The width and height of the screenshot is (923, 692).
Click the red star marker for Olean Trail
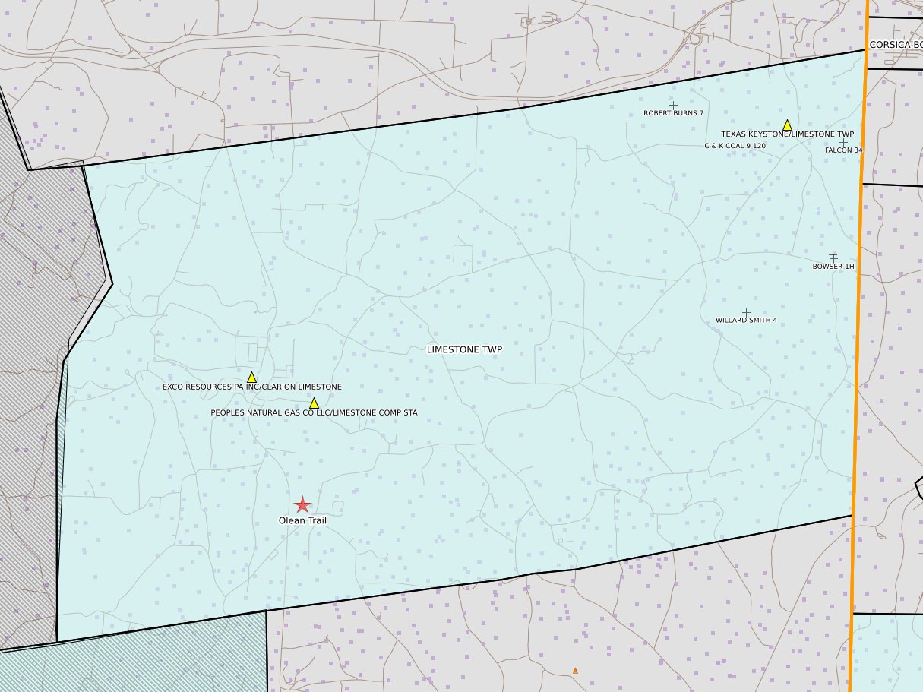pos(302,504)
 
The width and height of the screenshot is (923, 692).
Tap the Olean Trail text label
pos(302,521)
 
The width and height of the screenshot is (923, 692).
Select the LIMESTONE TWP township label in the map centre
pos(464,349)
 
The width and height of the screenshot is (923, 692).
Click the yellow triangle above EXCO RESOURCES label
pos(251,377)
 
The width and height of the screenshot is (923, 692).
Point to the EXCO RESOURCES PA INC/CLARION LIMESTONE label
pos(251,387)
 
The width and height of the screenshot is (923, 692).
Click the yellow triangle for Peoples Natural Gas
pos(314,403)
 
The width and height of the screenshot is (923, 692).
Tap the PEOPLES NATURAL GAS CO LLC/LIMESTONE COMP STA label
pos(314,412)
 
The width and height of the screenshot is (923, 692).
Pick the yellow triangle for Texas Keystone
pos(787,125)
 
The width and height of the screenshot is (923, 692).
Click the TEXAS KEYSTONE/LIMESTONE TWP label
pos(787,134)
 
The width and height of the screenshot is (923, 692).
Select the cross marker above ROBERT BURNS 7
pos(673,105)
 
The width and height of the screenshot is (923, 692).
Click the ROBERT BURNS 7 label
pos(673,113)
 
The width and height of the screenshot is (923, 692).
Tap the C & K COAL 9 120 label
pos(735,145)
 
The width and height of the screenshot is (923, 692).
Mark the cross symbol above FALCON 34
pos(843,142)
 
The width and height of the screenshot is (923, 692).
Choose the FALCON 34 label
pos(843,150)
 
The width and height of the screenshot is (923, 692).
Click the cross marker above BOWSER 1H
pos(833,256)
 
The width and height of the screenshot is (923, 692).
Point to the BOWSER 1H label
pos(833,267)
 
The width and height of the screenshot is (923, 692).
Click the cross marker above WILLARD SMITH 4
pos(746,312)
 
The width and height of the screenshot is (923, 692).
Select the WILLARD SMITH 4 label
pos(746,321)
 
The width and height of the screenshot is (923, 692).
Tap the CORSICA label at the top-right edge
pos(895,45)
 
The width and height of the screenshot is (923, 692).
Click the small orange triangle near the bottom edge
pos(575,671)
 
